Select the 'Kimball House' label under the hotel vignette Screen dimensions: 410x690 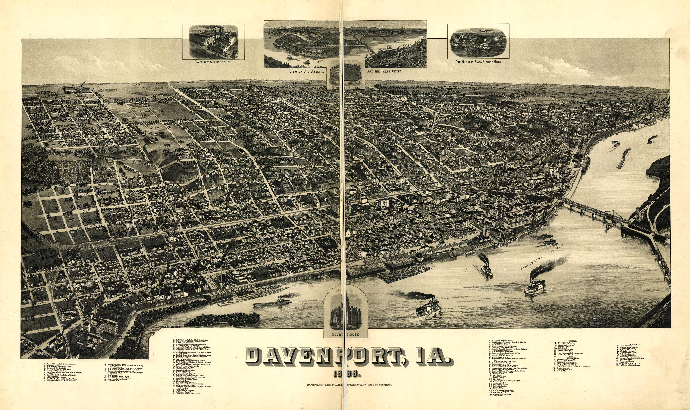[x=346, y=87]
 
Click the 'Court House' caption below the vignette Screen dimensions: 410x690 [x=346, y=334]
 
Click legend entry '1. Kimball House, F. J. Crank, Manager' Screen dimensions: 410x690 [x=59, y=364]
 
